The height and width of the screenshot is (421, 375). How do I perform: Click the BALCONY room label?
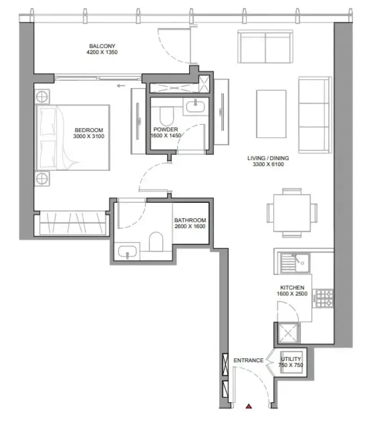pos(102,46)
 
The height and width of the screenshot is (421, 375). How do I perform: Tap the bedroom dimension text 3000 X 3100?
pos(89,136)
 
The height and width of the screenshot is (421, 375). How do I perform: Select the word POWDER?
pos(165,129)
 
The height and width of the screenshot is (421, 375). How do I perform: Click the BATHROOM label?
pos(190,220)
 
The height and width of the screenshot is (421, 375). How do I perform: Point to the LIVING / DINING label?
pos(268,158)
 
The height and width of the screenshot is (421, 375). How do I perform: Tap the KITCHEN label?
pos(292,287)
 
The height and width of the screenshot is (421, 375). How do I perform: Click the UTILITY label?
pos(291,359)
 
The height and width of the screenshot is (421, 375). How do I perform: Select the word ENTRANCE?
pos(248,360)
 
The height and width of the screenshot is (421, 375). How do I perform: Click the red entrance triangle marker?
pos(249,406)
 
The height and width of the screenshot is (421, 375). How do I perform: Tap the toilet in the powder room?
pos(167,116)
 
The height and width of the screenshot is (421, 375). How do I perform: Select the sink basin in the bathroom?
pos(127,251)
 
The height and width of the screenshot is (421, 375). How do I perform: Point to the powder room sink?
pos(196,106)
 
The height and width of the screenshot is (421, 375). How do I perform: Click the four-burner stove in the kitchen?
pos(324,298)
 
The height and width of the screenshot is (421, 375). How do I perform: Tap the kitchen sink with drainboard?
pos(295,263)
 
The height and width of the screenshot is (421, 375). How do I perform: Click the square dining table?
pos(292,213)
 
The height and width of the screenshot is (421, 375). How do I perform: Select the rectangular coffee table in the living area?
pos(271,114)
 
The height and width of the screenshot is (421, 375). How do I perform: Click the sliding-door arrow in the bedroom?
pos(121,86)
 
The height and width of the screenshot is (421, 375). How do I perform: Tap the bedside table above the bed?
pos(42,96)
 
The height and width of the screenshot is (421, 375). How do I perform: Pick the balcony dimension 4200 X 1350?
pos(102,52)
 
